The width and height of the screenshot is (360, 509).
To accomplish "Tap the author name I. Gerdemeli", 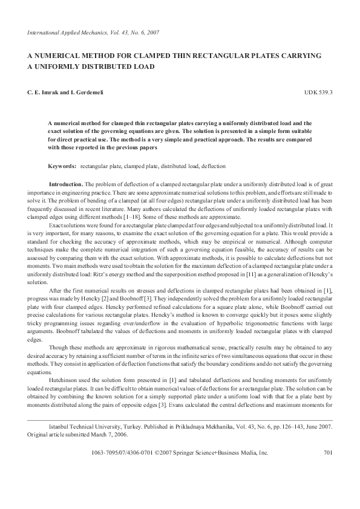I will (83, 92).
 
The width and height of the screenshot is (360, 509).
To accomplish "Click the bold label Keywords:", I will (62, 165).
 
